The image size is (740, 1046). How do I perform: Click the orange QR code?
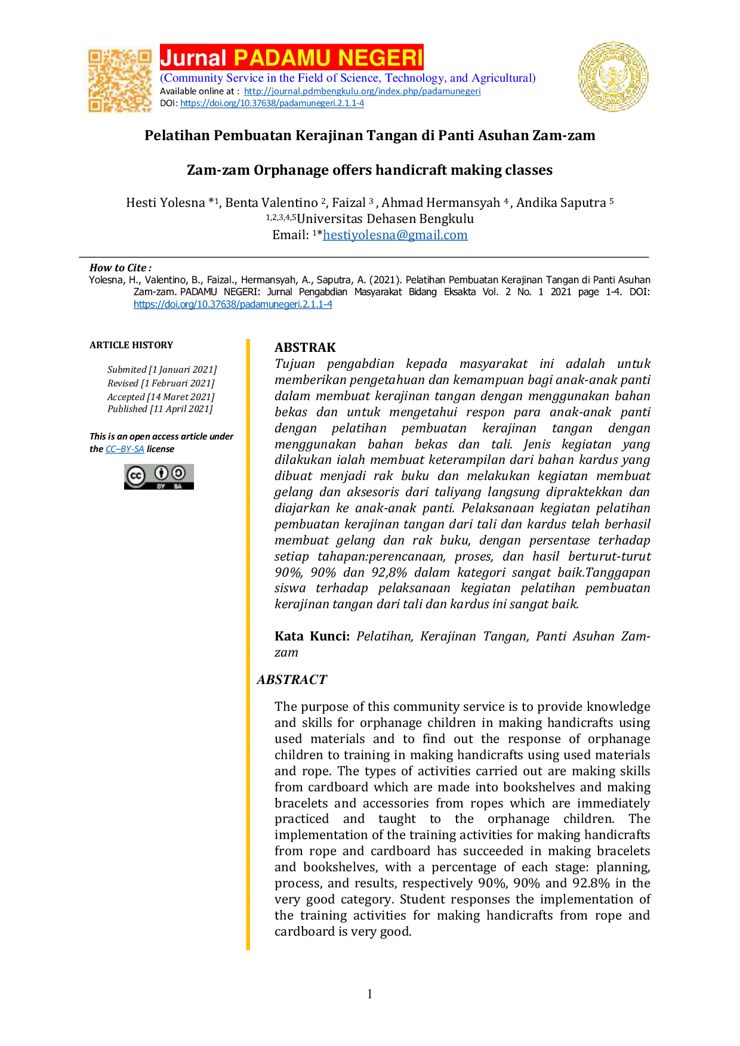pos(119,81)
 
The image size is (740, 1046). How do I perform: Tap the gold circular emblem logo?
pos(613,76)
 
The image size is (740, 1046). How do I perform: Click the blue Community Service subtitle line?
pos(348,78)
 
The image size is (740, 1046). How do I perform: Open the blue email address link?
pos(395,235)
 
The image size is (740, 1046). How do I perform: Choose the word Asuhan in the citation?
pos(634,280)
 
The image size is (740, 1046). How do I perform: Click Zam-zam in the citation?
pos(155,292)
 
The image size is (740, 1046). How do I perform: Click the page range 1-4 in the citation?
pos(613,292)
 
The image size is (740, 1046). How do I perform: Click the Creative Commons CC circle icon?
pos(136,476)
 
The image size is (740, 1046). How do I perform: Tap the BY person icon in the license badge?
pos(161,474)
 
